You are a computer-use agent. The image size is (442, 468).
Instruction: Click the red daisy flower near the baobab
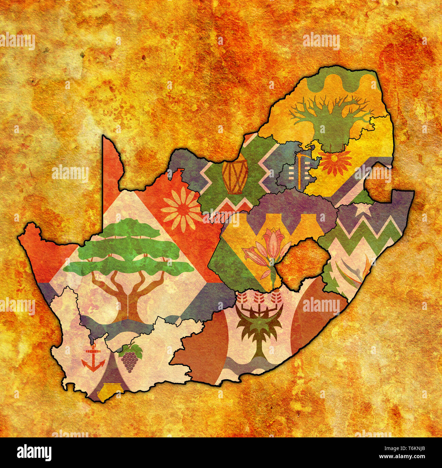pos(335,162)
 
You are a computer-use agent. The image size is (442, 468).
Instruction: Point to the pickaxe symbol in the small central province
pos(299,170)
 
